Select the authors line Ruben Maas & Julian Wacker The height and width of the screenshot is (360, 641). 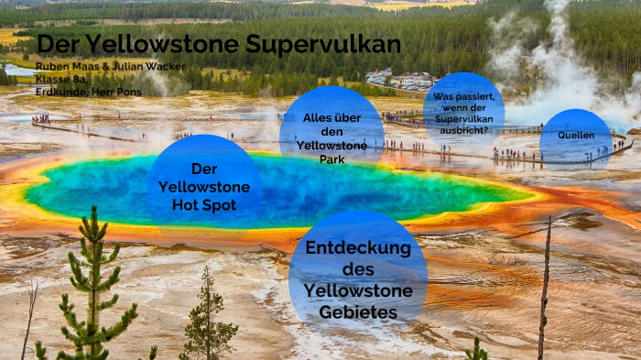coord(111,66)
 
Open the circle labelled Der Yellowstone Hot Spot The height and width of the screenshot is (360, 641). coord(204,186)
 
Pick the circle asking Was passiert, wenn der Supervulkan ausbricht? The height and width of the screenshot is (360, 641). coord(464,108)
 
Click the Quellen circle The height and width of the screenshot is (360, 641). coord(576,136)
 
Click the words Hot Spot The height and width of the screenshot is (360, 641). coord(204,204)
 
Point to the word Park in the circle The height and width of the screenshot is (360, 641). coord(331,159)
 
